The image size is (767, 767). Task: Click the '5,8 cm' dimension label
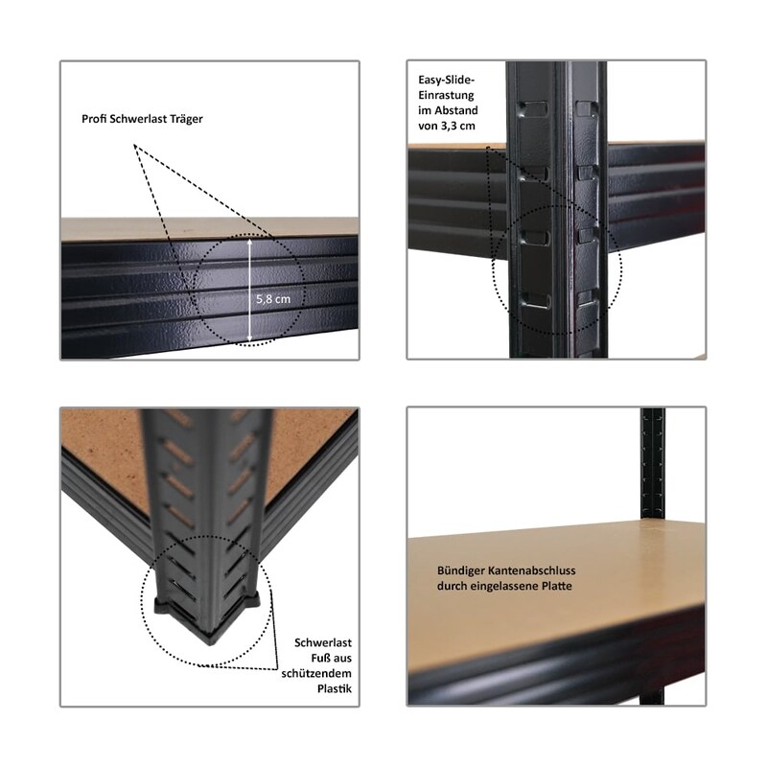273,299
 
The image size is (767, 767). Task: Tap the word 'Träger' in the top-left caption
187,119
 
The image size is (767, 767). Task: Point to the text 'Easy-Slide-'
447,80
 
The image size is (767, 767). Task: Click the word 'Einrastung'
446,95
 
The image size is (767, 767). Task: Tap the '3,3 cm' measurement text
457,127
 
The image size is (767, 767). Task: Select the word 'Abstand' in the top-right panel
456,110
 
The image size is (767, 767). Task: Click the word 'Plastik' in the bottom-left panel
335,688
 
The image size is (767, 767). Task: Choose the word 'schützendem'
316,674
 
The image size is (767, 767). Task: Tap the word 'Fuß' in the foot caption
321,659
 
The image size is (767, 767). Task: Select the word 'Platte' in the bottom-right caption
557,586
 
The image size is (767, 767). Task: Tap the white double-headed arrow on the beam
250,290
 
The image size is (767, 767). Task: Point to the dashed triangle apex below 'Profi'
134,145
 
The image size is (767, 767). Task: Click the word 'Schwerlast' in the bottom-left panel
323,642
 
